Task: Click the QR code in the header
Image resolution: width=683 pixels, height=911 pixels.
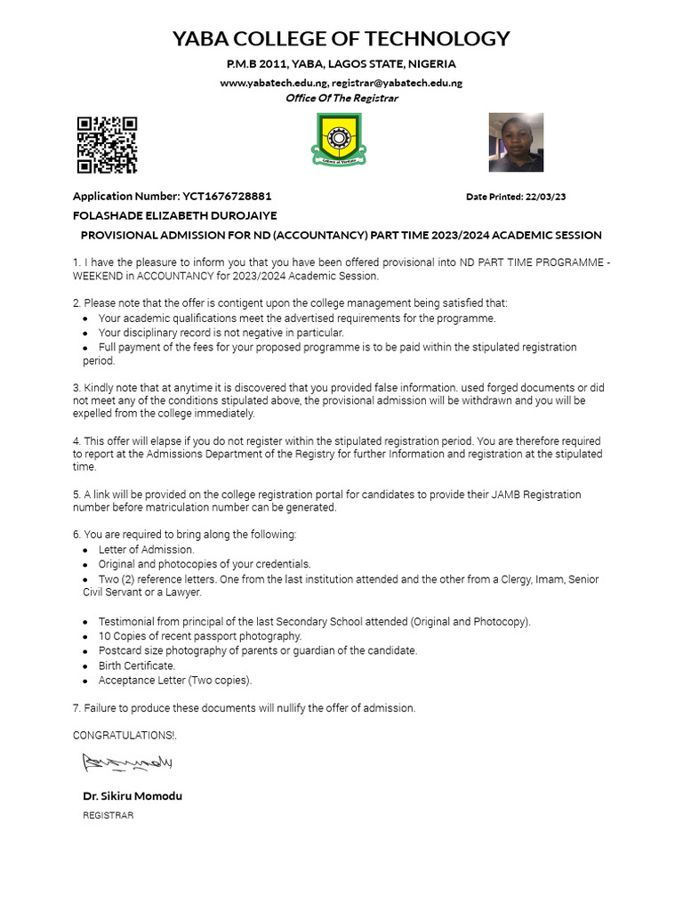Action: (107, 144)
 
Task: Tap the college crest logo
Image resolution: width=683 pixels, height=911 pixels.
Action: (337, 142)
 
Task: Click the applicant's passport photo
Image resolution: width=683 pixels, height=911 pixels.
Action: (516, 142)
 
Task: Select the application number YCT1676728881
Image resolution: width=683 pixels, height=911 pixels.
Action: (227, 196)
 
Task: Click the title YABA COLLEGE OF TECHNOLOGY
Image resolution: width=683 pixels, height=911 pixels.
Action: (341, 38)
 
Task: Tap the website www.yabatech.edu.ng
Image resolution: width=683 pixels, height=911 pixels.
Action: (273, 83)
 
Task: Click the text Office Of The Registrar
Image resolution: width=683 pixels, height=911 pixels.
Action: (341, 98)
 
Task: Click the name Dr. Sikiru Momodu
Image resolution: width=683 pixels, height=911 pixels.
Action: (133, 795)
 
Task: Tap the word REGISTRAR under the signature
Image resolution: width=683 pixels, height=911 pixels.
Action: (108, 815)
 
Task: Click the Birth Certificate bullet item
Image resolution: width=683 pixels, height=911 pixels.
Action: (137, 665)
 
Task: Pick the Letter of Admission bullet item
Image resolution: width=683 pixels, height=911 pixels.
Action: (146, 550)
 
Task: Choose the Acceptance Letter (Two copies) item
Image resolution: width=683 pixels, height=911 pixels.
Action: (175, 681)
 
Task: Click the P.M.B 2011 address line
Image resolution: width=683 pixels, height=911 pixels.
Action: (341, 64)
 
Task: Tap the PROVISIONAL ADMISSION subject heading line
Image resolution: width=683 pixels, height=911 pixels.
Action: (341, 235)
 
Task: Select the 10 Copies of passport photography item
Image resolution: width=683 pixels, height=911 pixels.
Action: (200, 636)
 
